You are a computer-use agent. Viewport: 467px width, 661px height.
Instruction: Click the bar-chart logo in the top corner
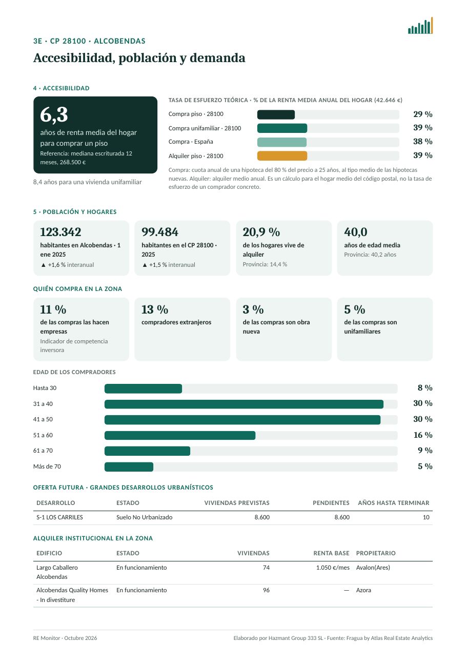pos(420,25)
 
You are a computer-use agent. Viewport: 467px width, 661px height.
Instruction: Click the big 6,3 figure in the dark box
pos(54,114)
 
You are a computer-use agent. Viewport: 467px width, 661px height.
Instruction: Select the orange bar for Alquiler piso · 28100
pos(282,155)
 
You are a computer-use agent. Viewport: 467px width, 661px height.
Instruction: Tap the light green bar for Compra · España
pos(281,142)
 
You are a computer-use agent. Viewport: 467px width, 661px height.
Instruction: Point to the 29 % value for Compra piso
pos(422,114)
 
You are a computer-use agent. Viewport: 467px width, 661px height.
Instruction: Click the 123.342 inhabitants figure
pos(60,232)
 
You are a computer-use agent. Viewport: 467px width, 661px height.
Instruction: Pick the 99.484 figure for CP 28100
pos(159,232)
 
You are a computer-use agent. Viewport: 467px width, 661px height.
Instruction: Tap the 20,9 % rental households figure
pos(261,232)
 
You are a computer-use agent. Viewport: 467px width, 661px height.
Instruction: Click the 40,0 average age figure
pos(356,232)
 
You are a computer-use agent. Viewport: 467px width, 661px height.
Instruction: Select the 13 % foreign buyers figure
pos(154,309)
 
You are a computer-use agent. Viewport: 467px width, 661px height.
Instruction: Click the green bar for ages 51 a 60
pos(180,435)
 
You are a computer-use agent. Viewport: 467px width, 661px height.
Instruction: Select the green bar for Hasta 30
pos(144,388)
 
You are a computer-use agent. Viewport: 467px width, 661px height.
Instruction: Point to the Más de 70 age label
pos(47,466)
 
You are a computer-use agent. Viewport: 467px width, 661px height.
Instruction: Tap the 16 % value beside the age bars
pos(423,435)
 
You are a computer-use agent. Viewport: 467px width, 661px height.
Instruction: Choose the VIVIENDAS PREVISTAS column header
pos(237,502)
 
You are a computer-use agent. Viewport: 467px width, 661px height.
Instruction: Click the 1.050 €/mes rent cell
pos(333,568)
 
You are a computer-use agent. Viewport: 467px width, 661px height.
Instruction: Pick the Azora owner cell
pos(363,590)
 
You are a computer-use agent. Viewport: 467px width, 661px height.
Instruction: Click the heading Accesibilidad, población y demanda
pos(139,58)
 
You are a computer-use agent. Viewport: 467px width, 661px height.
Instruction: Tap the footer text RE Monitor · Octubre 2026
pos(65,638)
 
